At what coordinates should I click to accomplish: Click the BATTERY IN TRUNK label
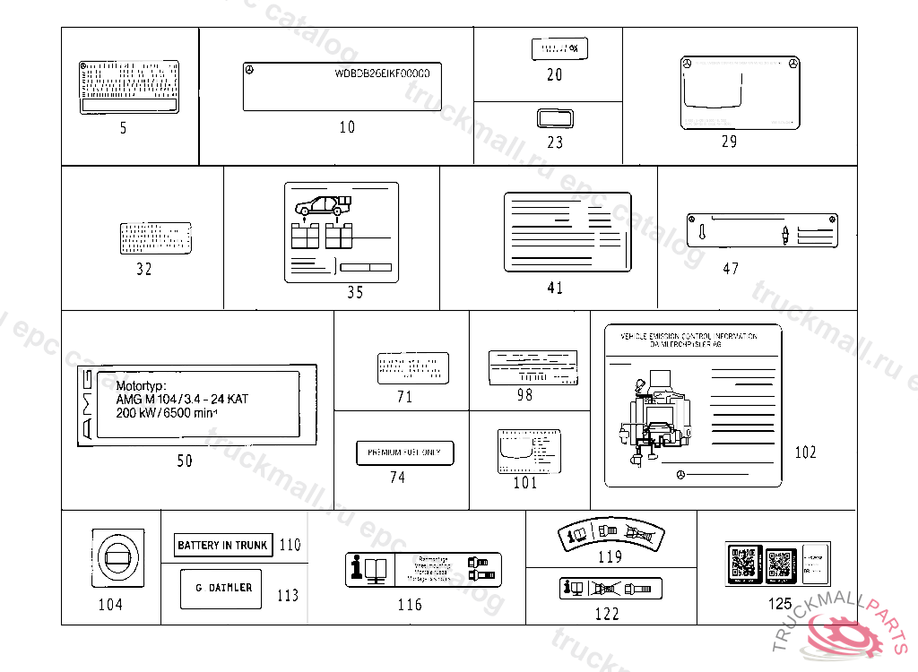point(222,545)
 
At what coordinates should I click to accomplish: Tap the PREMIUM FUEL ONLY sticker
point(404,452)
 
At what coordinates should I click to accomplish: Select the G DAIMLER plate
point(221,588)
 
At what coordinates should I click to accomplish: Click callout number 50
point(184,461)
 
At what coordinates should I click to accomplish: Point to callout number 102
point(805,452)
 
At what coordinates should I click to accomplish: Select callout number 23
point(555,142)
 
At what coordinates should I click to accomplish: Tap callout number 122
point(607,614)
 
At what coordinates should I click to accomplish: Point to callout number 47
point(731,268)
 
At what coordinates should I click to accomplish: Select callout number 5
point(124,128)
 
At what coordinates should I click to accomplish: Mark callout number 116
point(410,605)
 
